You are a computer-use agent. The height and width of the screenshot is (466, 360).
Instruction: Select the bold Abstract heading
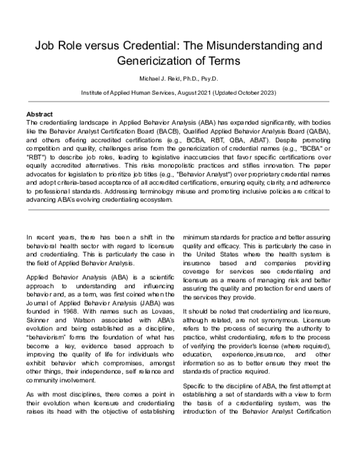tap(41, 114)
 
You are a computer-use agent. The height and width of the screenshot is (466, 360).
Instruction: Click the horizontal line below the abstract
tap(179, 210)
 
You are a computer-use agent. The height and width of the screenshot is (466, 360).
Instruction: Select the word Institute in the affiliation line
tap(94, 95)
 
